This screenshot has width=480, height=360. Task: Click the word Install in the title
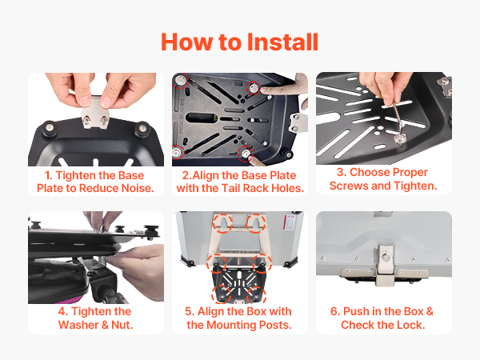click(x=282, y=42)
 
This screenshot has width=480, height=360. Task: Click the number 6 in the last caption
click(x=334, y=311)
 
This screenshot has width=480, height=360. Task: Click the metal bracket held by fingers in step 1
click(x=95, y=112)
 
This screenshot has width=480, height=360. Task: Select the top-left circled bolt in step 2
click(x=180, y=81)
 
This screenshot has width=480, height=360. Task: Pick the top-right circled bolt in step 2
click(x=254, y=88)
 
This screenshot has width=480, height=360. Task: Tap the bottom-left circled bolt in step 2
click(x=178, y=152)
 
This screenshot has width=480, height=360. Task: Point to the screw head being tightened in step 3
click(x=401, y=138)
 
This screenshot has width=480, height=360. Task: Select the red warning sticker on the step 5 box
click(x=290, y=222)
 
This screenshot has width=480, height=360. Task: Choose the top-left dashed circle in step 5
click(x=223, y=223)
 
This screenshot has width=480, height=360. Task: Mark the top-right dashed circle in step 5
click(x=256, y=223)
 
